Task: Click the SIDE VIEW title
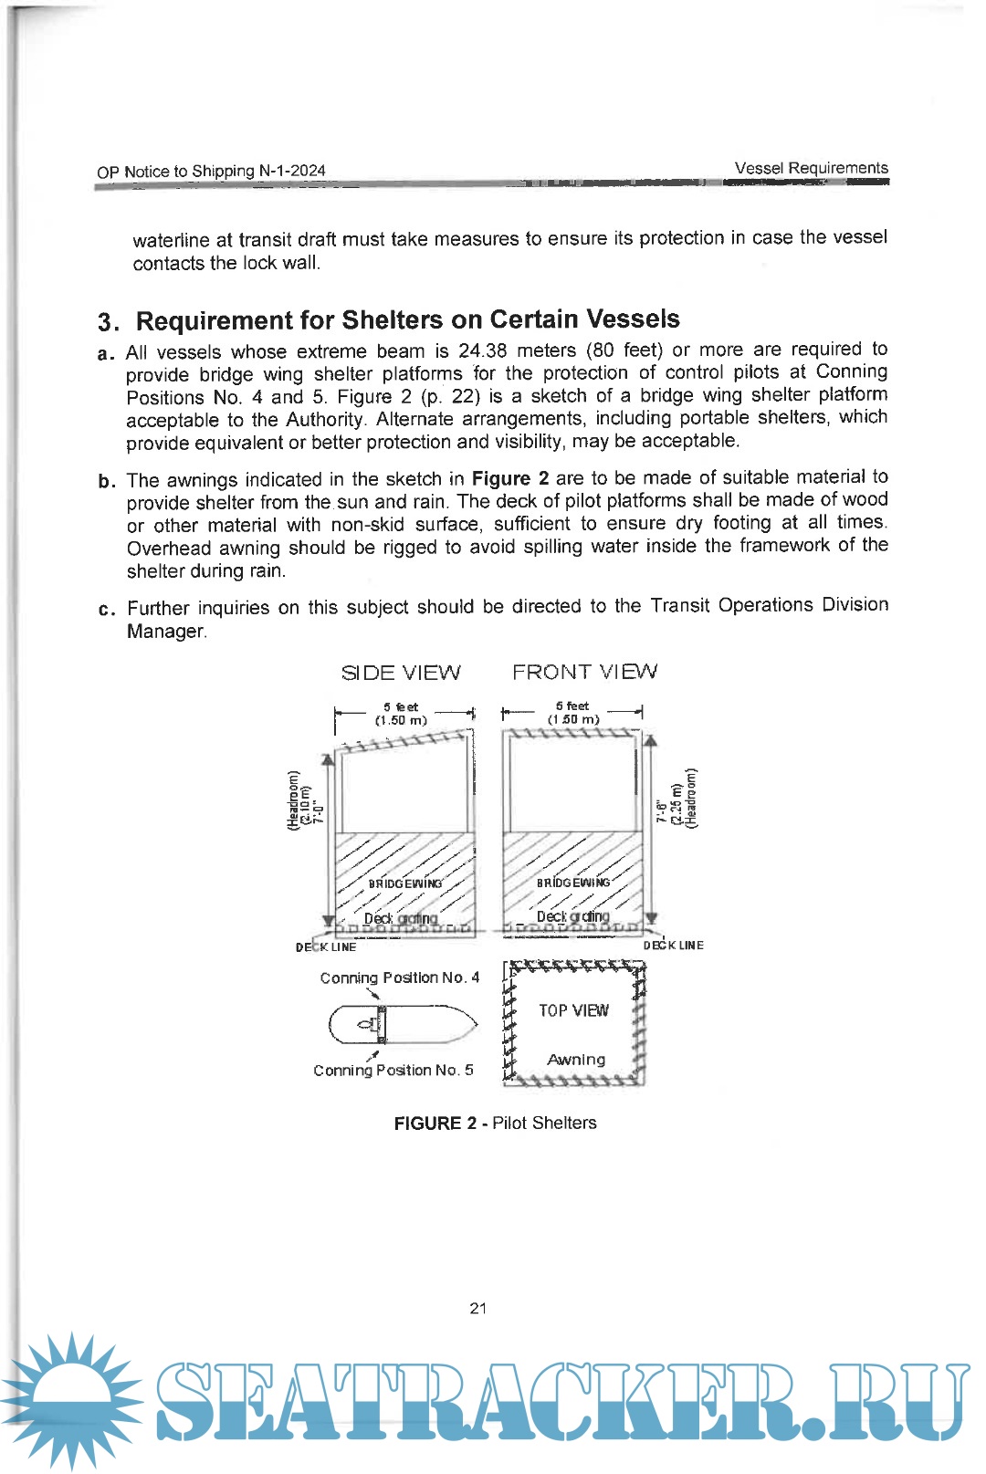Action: (401, 673)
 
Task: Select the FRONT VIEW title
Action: (584, 672)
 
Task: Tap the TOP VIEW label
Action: (573, 1010)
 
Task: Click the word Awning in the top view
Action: (576, 1060)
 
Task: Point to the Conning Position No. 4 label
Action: (399, 977)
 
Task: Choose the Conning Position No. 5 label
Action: (393, 1070)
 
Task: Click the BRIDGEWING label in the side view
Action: (405, 883)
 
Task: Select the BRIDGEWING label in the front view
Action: (573, 883)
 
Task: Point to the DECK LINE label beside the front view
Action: (674, 946)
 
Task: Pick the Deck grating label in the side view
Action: (401, 918)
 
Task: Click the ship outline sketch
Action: (403, 1024)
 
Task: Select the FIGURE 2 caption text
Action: (495, 1123)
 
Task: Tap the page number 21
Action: (478, 1308)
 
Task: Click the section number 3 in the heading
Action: (107, 322)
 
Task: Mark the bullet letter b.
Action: (107, 481)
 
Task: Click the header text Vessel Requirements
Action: (811, 168)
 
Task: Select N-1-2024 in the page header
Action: (292, 171)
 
